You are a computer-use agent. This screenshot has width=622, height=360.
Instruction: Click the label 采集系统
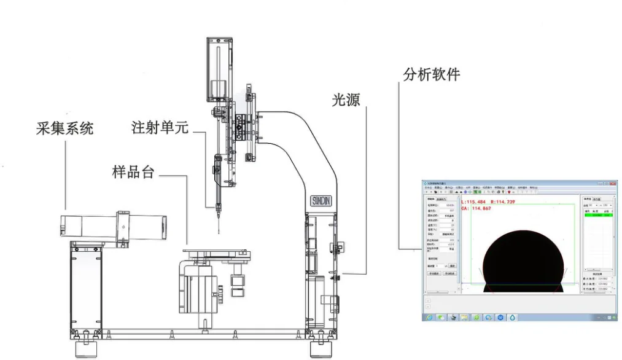click(x=64, y=128)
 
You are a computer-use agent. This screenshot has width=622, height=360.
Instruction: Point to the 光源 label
click(x=346, y=100)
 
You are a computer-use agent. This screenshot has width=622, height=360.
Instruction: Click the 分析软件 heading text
click(x=432, y=74)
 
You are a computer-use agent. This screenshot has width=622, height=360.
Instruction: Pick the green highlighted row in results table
click(x=597, y=216)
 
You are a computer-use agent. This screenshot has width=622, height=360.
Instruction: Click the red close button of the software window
click(x=613, y=183)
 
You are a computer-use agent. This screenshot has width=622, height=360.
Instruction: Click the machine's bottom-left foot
click(x=85, y=350)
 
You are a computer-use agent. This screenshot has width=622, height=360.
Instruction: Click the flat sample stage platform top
click(x=215, y=251)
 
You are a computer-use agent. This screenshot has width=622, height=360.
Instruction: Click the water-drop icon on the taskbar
click(x=513, y=317)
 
